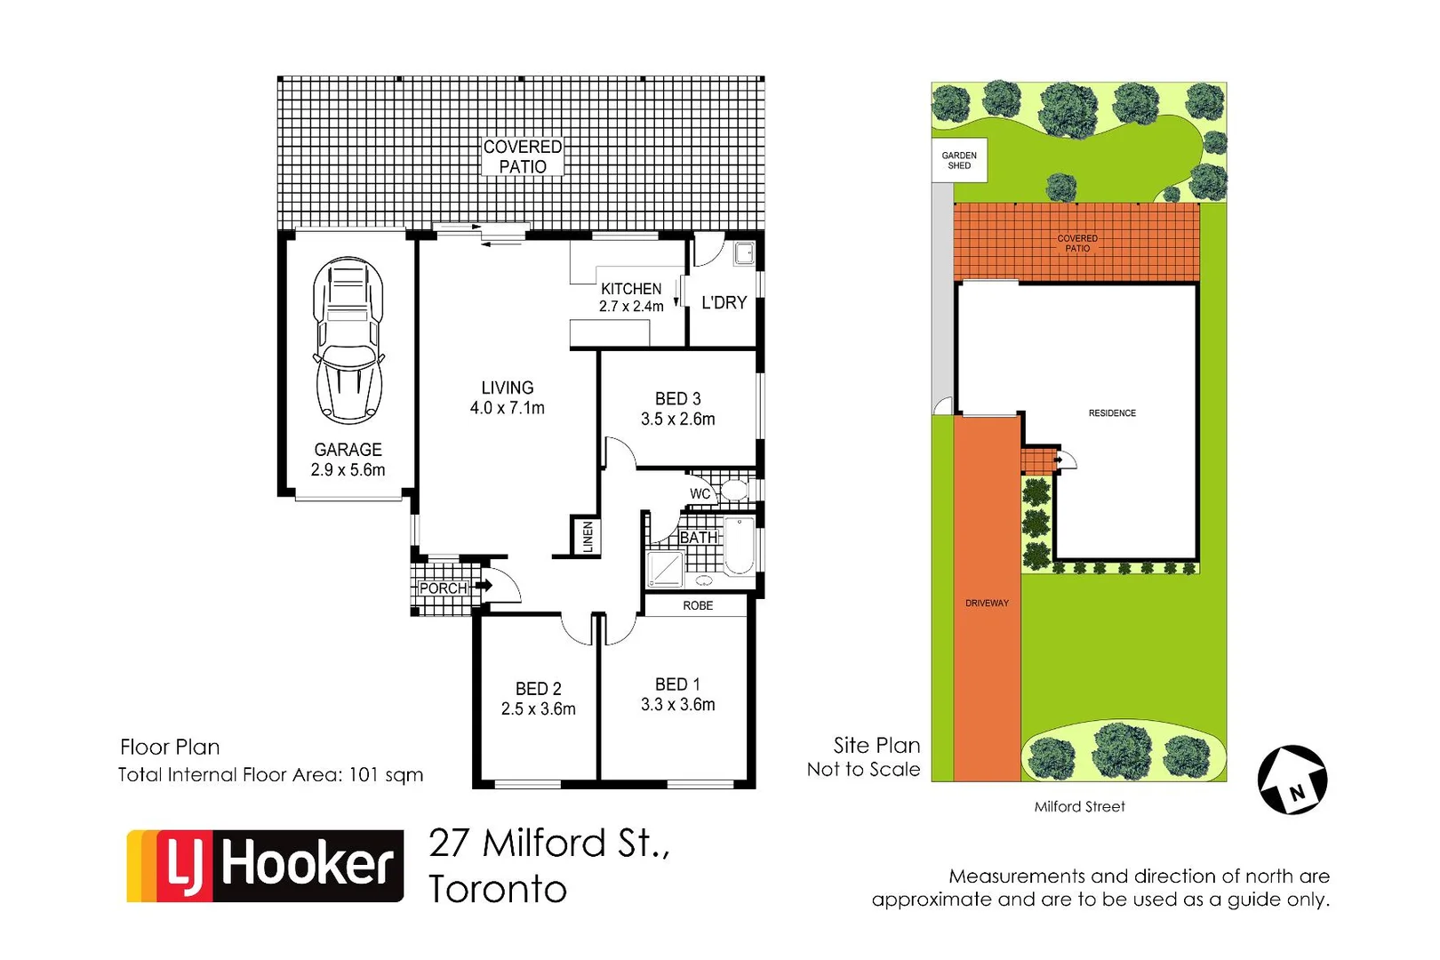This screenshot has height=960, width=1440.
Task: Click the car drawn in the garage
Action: click(x=348, y=340)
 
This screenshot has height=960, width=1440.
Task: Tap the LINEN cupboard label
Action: click(x=587, y=537)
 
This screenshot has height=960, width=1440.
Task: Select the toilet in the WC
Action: click(x=734, y=490)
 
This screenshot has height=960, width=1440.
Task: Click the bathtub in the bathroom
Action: click(x=740, y=546)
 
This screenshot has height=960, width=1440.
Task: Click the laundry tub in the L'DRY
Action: click(x=744, y=253)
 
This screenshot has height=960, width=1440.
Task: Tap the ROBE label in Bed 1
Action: click(x=698, y=605)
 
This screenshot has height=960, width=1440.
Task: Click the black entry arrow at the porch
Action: click(x=484, y=586)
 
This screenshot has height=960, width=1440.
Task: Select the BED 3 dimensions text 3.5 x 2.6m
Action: click(x=677, y=419)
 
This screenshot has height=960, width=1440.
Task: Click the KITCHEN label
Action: click(x=631, y=289)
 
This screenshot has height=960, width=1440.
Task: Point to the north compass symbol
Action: click(x=1292, y=780)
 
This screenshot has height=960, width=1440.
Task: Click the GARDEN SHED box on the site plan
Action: click(x=959, y=160)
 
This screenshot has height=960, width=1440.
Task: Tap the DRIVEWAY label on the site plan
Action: click(x=987, y=603)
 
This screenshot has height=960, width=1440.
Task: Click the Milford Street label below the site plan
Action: click(x=1079, y=806)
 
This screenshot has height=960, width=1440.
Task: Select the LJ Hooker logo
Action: click(x=265, y=866)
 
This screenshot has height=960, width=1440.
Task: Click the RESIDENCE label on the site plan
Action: click(x=1112, y=412)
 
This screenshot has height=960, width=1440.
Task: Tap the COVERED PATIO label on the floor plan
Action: click(x=523, y=156)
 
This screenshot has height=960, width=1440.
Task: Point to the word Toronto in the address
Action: click(x=498, y=889)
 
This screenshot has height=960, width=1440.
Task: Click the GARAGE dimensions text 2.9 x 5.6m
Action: click(x=348, y=470)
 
